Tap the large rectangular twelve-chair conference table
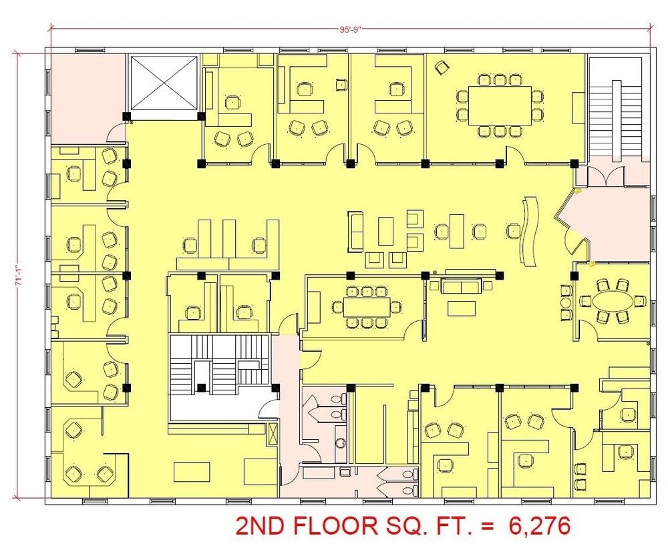point(500,105)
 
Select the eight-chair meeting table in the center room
point(367,307)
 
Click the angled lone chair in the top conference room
point(442,67)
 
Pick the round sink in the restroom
point(341,443)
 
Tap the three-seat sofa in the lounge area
point(356,232)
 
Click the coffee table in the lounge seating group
point(385,232)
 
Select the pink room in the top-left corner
point(88,98)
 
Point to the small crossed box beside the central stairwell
point(273,435)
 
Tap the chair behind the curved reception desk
point(513,231)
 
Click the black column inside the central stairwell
point(202,387)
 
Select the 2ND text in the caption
point(257,526)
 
